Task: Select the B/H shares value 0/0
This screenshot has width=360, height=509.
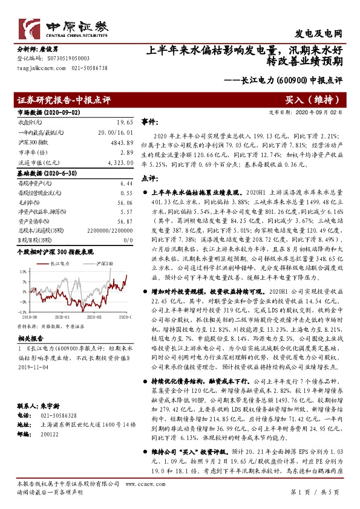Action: [x=126, y=241]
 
